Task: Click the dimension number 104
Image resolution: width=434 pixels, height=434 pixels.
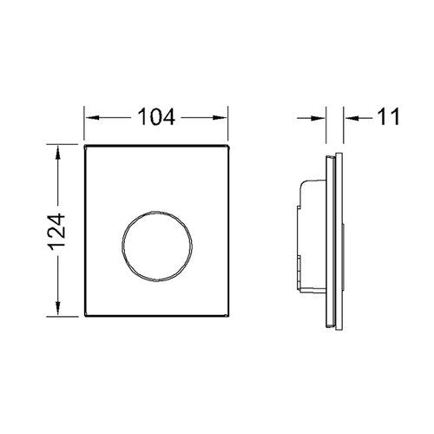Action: click(x=156, y=117)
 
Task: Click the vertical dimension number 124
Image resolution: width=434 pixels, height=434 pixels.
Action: click(x=57, y=232)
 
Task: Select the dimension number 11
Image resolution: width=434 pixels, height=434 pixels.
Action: click(x=389, y=116)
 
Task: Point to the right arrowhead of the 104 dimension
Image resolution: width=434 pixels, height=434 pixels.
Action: click(x=220, y=118)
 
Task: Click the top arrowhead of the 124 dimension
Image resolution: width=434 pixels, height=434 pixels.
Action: click(x=58, y=153)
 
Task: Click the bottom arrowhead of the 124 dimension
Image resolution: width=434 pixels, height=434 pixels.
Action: click(x=58, y=308)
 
